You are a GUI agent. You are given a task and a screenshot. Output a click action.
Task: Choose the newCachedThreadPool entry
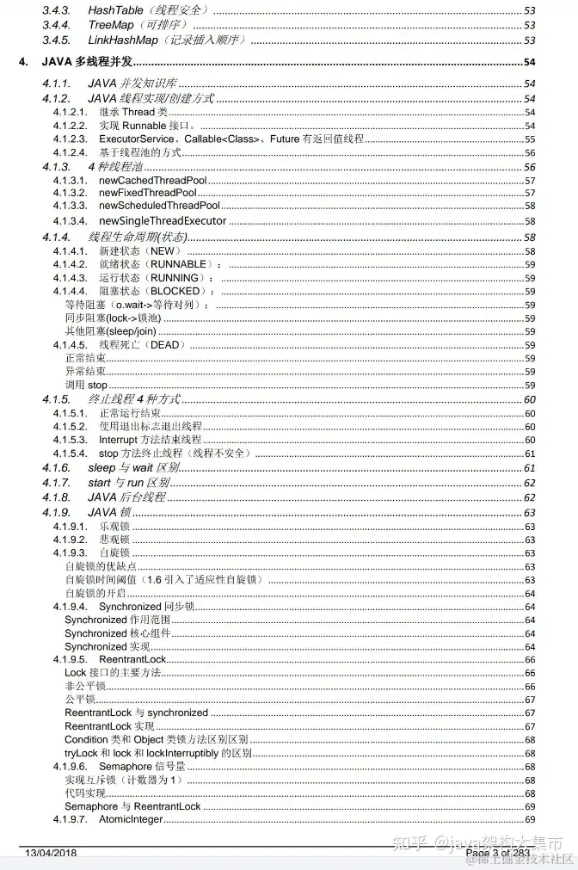click(x=152, y=181)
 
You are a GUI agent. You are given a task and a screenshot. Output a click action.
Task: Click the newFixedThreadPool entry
click(x=148, y=193)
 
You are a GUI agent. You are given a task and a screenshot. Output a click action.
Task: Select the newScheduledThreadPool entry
click(x=159, y=206)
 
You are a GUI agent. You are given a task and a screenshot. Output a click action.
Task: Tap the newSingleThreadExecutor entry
click(x=163, y=220)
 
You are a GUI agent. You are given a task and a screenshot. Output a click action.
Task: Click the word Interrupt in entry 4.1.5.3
click(x=119, y=440)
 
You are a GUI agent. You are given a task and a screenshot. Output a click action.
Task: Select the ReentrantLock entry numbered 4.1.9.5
click(x=132, y=659)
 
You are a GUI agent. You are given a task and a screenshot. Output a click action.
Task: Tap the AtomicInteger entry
click(x=131, y=820)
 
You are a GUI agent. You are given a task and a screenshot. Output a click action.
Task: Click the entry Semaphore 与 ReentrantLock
click(x=132, y=806)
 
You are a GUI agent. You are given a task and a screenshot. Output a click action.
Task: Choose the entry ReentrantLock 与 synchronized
click(x=136, y=713)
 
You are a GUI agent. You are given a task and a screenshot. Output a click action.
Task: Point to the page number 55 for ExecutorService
click(x=530, y=139)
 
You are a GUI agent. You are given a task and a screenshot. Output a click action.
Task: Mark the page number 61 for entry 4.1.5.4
click(x=530, y=454)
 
